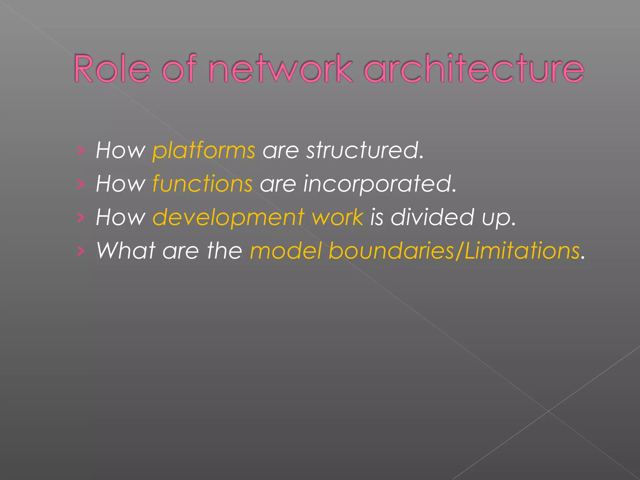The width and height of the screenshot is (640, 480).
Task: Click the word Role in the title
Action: tap(112, 69)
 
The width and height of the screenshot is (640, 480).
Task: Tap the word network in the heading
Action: tap(280, 69)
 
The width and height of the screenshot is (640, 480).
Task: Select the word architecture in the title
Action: tap(474, 69)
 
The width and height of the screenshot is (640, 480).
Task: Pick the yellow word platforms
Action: tap(204, 150)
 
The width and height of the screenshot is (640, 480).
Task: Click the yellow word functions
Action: tap(202, 184)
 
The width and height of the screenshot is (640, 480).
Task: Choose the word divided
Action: tap(432, 217)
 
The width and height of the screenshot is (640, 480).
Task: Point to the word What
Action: tap(126, 251)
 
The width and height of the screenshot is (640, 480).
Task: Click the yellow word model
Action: tap(286, 251)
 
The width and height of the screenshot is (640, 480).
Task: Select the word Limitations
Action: tap(522, 251)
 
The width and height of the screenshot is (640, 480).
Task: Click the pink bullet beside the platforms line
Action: tap(81, 151)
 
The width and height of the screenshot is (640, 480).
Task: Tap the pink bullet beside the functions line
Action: tap(81, 184)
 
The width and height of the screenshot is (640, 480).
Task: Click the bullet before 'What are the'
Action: tap(81, 251)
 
